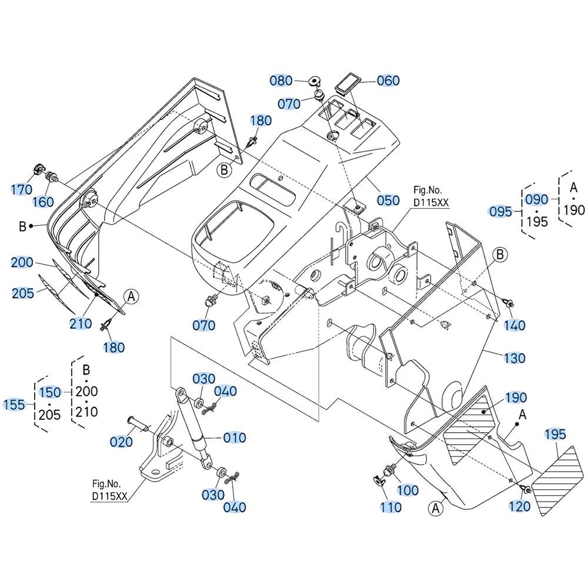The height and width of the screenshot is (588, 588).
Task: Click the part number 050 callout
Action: (x=388, y=200)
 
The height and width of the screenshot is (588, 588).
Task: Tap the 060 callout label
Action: (x=388, y=81)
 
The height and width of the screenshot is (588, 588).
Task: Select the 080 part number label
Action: (x=281, y=80)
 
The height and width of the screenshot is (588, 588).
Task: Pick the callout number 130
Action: (x=514, y=358)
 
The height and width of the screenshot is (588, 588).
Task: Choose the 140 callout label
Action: (x=514, y=325)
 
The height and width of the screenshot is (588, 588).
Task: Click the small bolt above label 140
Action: (x=508, y=303)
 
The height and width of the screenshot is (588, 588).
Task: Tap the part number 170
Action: (x=22, y=189)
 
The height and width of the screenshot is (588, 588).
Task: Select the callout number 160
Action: (x=43, y=202)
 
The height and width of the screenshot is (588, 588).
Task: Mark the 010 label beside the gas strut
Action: (x=235, y=437)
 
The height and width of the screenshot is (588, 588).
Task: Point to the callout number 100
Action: (x=407, y=490)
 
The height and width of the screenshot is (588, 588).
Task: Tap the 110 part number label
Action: (x=390, y=506)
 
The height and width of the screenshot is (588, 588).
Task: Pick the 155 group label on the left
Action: (x=15, y=404)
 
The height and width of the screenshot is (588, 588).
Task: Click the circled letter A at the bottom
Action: (x=435, y=507)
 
